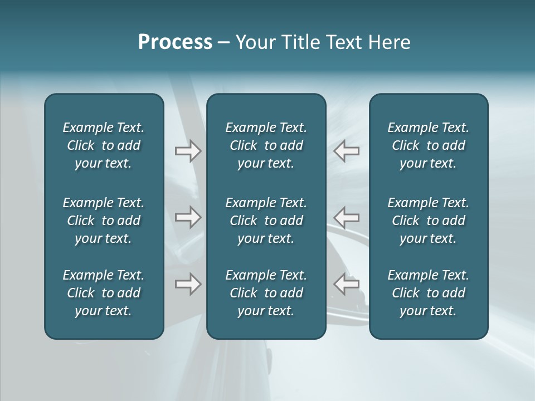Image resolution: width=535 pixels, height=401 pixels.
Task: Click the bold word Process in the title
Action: tap(175, 42)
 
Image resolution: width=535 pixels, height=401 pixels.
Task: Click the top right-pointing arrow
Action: tap(188, 150)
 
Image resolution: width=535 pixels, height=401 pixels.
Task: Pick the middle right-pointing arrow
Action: tap(188, 217)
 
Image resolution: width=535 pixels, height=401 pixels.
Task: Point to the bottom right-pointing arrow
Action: tap(188, 284)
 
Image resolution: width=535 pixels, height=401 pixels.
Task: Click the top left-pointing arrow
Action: tap(347, 150)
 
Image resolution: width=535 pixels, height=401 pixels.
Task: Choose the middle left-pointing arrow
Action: tap(347, 217)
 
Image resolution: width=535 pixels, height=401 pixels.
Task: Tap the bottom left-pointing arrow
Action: tap(347, 284)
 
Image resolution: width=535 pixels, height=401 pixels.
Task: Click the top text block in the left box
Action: tap(104, 145)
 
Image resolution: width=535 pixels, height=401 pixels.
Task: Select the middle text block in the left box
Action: tap(104, 221)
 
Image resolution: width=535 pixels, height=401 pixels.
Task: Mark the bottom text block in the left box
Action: tap(104, 293)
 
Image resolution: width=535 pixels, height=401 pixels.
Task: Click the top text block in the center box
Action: tap(266, 145)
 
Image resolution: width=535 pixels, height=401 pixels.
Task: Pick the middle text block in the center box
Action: tap(266, 221)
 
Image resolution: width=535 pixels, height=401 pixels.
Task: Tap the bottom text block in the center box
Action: tap(266, 293)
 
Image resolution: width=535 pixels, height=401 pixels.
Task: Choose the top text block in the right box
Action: tap(429, 145)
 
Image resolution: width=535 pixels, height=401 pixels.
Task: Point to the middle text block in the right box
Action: tap(429, 221)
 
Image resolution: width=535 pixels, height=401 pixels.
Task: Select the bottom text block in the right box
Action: tap(429, 293)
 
